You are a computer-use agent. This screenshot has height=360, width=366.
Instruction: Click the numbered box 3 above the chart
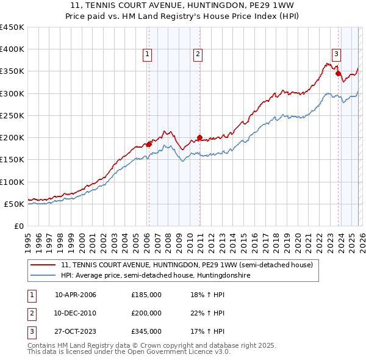(337, 52)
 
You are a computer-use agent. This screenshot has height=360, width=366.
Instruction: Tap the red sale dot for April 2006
(148, 145)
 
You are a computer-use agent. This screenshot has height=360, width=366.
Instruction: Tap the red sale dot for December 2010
(199, 138)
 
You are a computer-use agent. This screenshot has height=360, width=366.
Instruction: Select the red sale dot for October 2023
(338, 74)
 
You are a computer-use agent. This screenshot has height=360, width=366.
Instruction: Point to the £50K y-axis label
(13, 204)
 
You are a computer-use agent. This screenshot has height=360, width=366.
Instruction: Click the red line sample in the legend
(44, 265)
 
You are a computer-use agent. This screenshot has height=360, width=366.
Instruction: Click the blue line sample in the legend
(44, 276)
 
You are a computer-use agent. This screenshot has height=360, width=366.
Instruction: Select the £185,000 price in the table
(146, 295)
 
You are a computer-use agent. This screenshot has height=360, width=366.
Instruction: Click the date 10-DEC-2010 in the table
(76, 313)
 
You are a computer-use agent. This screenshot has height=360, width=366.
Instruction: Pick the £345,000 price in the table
(146, 331)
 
